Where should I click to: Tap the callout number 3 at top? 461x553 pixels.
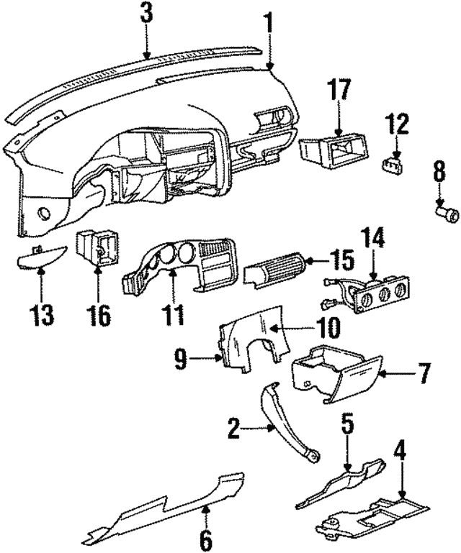pos(146,13)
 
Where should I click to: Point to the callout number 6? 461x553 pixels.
pos(205,539)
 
